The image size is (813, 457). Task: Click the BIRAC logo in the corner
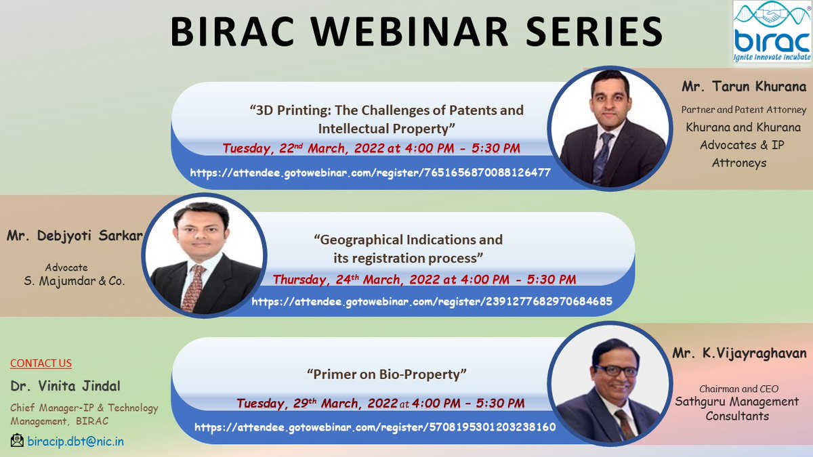[772, 33]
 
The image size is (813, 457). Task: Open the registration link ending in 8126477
[369, 173]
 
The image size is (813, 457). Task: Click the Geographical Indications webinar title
[408, 248]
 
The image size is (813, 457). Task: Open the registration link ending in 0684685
[432, 302]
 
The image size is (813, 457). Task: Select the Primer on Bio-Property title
[388, 374]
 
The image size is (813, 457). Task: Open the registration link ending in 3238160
[375, 427]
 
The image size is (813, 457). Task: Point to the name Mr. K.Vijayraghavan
[739, 353]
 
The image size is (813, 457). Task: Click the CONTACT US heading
[41, 364]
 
